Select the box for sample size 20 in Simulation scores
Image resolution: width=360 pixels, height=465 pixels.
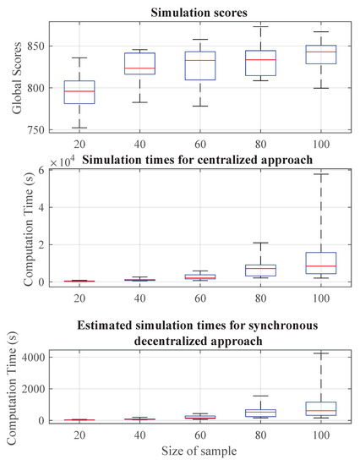pos(80,91)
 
